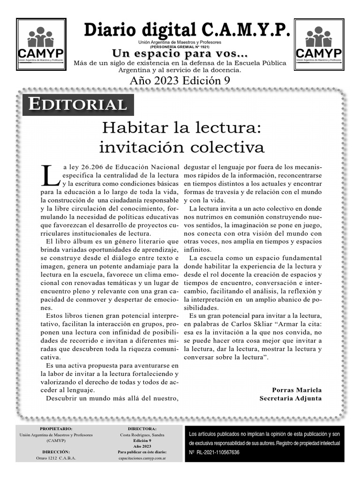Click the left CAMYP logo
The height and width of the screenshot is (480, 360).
(41, 45)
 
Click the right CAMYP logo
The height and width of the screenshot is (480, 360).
(319, 45)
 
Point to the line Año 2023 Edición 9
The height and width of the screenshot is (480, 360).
(180, 80)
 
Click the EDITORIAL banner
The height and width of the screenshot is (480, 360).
(78, 105)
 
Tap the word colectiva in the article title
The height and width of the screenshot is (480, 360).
(226, 147)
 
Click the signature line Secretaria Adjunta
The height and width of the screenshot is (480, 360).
(291, 398)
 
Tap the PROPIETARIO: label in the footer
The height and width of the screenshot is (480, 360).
(56, 428)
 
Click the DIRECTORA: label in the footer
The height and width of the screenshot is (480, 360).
(142, 428)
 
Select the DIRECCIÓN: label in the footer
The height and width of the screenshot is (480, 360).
(56, 452)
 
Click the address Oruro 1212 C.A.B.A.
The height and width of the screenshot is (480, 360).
(56, 458)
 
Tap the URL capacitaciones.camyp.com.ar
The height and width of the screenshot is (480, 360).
(142, 458)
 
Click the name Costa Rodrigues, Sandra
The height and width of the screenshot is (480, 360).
(142, 435)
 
